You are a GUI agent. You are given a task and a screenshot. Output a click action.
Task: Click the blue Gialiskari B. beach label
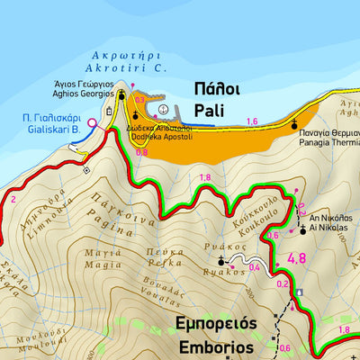coord(52,128)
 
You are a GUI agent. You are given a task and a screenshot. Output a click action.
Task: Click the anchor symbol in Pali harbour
coord(162,110)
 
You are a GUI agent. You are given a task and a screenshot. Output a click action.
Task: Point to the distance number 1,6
coord(251,121)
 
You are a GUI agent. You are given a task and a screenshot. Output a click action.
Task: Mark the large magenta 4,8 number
coord(296,260)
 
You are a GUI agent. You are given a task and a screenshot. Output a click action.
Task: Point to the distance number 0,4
coord(254,267)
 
